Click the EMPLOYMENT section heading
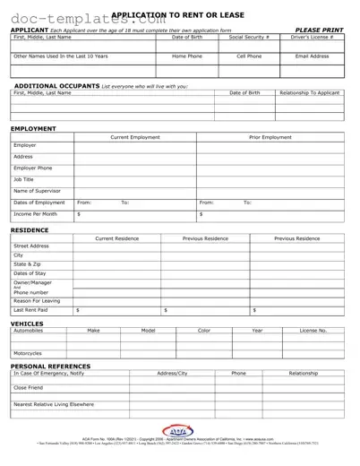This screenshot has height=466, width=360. click(32, 129)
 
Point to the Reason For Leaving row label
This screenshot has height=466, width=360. click(38, 301)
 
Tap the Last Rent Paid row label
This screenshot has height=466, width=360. click(32, 310)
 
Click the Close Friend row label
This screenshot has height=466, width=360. click(29, 388)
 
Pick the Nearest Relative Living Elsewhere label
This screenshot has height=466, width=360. click(53, 405)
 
